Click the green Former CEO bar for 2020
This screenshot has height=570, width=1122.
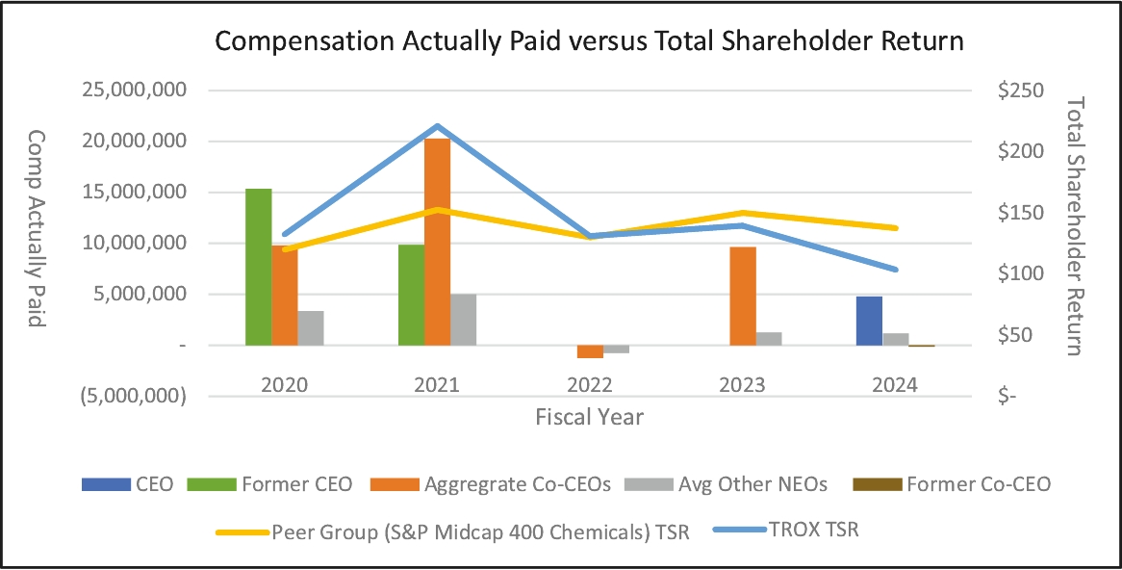click(259, 267)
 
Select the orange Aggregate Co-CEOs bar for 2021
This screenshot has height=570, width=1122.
click(438, 242)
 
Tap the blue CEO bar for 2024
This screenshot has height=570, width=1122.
click(870, 321)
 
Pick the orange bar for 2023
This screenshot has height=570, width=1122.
click(743, 296)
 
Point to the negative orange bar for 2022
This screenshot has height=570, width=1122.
click(590, 351)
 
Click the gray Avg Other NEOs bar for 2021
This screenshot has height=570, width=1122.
click(464, 320)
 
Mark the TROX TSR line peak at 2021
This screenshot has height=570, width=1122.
click(438, 126)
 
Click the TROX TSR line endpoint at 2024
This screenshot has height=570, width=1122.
click(895, 270)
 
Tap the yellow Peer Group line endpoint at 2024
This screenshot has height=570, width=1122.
click(895, 228)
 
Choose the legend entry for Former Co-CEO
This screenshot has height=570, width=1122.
click(978, 484)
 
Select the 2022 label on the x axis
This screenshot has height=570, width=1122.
click(590, 384)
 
